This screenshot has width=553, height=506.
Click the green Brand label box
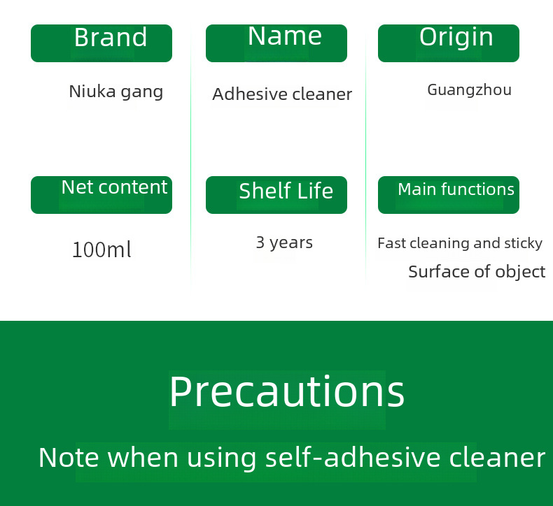(101, 43)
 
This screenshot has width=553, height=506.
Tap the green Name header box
(276, 43)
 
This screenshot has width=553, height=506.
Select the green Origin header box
(449, 43)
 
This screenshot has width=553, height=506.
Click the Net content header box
(101, 195)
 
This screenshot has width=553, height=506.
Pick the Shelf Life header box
(276, 195)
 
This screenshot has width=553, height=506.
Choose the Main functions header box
(449, 195)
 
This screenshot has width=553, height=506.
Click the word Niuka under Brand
(92, 92)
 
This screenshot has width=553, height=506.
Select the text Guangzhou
(470, 90)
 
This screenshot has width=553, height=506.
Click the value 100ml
(101, 250)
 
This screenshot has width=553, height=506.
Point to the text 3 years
(284, 243)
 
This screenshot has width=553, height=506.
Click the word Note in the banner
(69, 457)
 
